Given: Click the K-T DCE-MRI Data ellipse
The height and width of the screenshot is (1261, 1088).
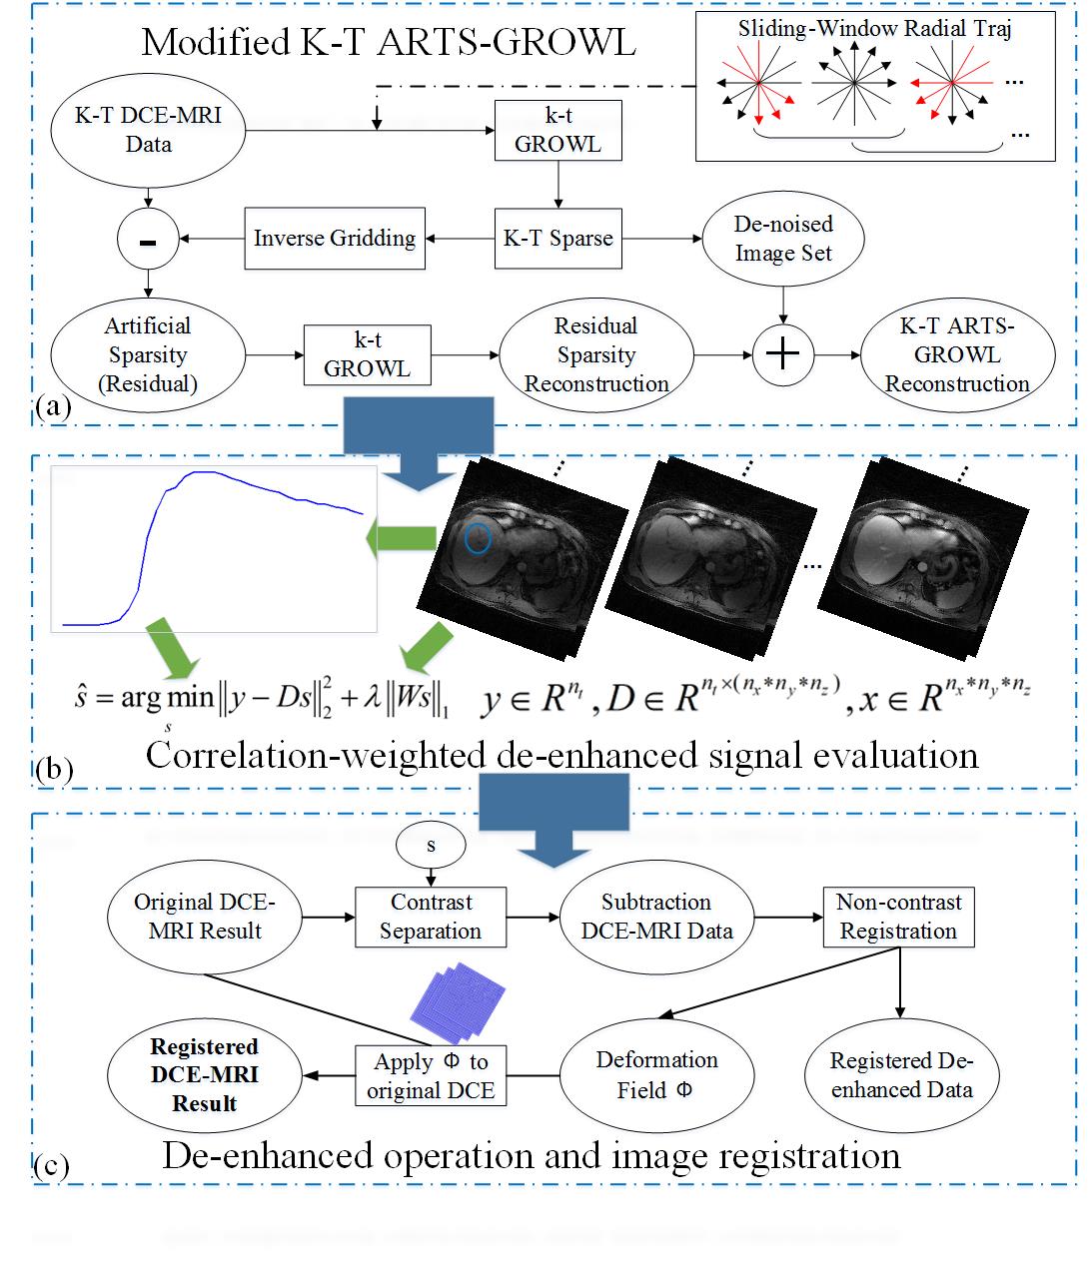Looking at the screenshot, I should point(148,130).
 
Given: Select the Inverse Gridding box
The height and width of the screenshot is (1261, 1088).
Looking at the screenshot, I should point(334,238).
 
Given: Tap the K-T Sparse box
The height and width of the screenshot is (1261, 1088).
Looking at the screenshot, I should point(557,238).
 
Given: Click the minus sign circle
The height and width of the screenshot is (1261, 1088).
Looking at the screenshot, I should point(148,240).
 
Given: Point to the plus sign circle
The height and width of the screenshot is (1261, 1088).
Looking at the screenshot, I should point(782,354).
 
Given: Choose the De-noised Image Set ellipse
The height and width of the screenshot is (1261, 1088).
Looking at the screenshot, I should point(783,239).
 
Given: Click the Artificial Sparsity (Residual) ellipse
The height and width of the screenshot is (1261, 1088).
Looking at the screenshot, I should point(148,354).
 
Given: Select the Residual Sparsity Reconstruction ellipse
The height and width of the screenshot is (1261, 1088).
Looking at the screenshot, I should point(596,354).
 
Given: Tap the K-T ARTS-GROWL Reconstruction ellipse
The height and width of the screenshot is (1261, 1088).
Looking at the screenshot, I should point(957,354).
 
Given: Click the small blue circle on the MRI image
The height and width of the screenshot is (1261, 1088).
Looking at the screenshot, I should point(478,538).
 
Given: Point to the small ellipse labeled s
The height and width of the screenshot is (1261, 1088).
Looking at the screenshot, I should point(431,846).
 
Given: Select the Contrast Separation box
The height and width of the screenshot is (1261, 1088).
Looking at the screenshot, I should point(431,917).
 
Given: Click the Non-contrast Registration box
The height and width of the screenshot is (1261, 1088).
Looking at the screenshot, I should point(898,917).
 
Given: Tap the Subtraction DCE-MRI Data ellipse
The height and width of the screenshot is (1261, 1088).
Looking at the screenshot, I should point(656,917).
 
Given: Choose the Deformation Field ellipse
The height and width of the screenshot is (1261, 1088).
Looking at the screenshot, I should point(656,1075).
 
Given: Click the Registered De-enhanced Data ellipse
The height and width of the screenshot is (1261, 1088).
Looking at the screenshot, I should point(901,1075).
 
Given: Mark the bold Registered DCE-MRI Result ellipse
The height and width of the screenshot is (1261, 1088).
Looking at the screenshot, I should point(205,1075).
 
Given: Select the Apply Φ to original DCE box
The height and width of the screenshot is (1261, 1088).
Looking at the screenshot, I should point(431,1075).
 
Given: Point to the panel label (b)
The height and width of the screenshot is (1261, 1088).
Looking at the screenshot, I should point(53,769).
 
